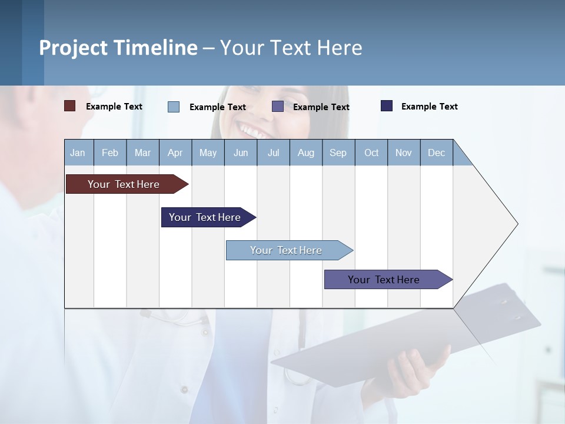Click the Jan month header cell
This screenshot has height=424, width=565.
tap(78, 153)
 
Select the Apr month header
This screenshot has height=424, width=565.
tap(175, 153)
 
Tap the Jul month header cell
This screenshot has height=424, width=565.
tap(274, 153)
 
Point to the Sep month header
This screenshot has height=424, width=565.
tap(338, 153)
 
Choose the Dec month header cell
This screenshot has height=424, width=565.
tap(437, 153)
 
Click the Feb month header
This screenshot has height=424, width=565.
tap(110, 153)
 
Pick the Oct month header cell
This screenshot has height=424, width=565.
tap(371, 153)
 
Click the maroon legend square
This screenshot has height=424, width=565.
tap(70, 106)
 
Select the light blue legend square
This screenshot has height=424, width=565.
tap(174, 107)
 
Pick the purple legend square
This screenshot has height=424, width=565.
tap(278, 107)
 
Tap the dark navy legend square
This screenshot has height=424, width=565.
tap(387, 106)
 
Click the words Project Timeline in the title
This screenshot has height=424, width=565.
tap(118, 48)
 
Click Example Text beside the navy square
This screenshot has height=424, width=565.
tap(429, 107)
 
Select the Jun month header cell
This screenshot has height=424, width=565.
tap(241, 153)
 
